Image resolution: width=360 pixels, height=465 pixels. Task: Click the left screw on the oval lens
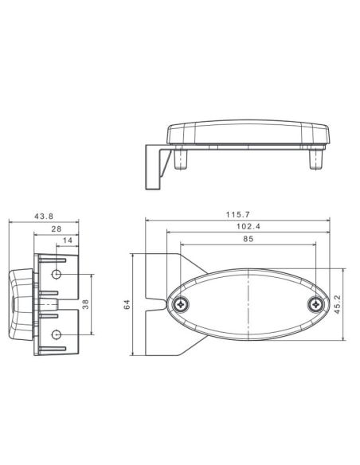click(x=183, y=303)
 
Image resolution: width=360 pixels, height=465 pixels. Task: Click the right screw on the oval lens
click(x=317, y=303)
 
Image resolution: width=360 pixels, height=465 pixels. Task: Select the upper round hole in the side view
click(x=57, y=275)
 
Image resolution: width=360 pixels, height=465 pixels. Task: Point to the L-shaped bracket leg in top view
click(x=153, y=167)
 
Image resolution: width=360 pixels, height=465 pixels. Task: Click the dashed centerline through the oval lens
click(x=250, y=303)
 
